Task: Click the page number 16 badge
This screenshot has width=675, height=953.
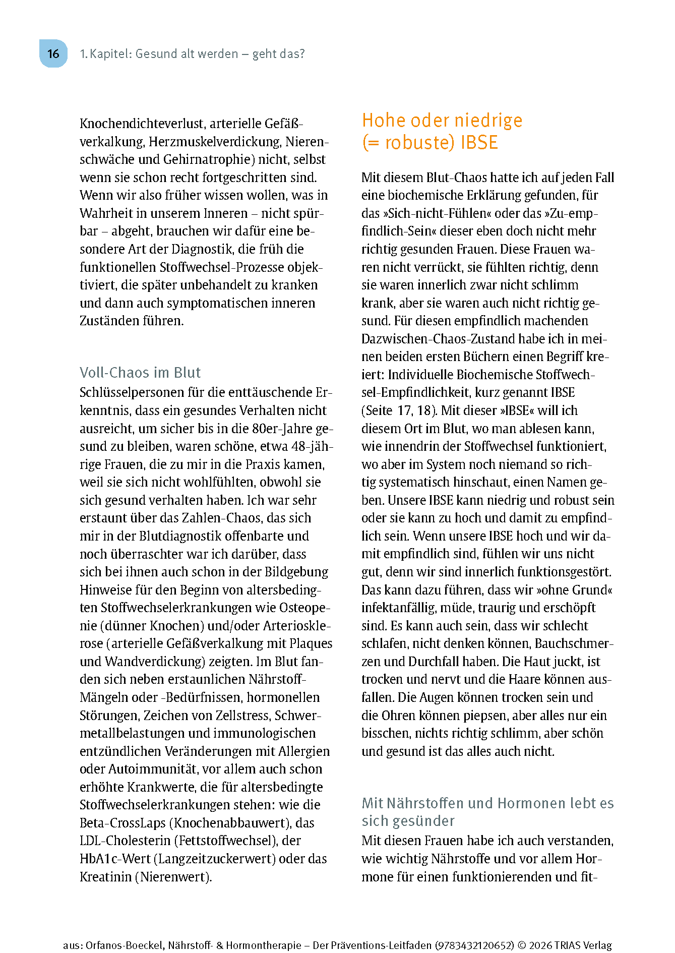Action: [53, 53]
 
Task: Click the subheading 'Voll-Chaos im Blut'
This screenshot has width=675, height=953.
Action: [140, 372]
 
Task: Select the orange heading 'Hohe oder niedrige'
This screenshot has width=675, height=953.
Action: [442, 121]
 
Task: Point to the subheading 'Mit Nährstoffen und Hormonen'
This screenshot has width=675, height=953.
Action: [487, 803]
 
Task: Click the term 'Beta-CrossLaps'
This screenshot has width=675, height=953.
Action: [122, 822]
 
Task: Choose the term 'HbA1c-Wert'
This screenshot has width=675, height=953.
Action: [115, 858]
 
